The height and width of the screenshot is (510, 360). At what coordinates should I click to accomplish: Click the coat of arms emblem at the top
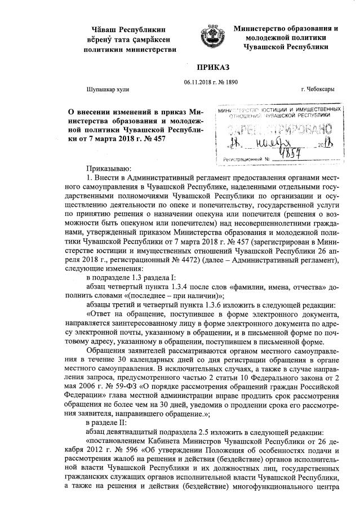click(x=212, y=36)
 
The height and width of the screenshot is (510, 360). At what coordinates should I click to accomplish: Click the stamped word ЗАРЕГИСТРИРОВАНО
click(x=282, y=127)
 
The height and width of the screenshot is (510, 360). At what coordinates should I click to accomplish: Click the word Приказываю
click(x=108, y=168)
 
